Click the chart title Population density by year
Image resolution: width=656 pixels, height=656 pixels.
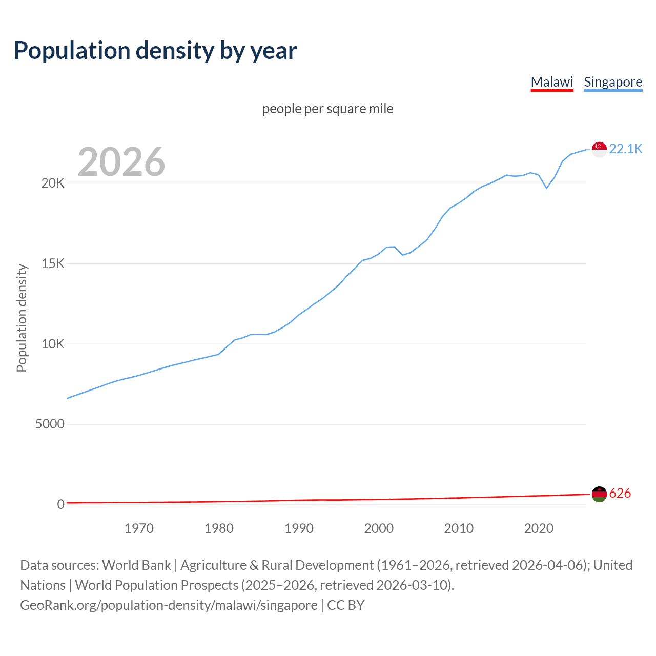(x=155, y=51)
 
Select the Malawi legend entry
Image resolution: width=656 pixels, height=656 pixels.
(x=551, y=82)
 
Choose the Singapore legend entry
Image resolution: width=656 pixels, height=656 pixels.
(x=613, y=82)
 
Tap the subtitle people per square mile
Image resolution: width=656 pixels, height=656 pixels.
(x=327, y=109)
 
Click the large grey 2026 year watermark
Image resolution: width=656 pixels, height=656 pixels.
(x=121, y=162)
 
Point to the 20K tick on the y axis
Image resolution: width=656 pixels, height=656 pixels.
(x=53, y=183)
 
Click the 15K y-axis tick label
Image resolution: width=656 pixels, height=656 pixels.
(x=53, y=264)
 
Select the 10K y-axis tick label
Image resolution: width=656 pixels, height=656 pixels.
(x=53, y=344)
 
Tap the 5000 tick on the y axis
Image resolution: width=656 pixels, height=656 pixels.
(x=50, y=424)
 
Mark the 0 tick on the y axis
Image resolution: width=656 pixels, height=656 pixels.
(x=60, y=505)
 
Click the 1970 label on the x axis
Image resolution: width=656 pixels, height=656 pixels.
(x=139, y=528)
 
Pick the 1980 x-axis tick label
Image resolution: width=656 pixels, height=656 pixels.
(x=219, y=528)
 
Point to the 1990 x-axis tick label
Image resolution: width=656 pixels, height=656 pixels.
(x=299, y=528)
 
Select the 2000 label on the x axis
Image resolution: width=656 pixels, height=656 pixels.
(x=379, y=528)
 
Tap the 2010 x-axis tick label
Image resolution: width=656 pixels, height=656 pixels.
(x=459, y=528)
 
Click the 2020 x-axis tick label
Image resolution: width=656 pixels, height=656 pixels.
(x=539, y=528)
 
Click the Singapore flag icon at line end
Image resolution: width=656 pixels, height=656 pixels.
(x=599, y=149)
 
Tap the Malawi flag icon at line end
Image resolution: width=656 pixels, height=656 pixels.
(x=599, y=494)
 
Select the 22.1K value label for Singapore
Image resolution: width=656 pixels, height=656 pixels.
(x=625, y=149)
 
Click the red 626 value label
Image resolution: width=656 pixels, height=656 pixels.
(x=620, y=493)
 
